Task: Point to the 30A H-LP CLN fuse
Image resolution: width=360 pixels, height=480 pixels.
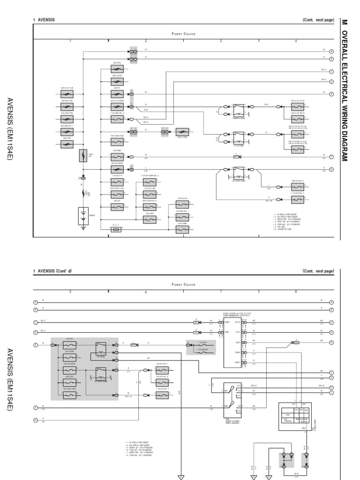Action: pyautogui.click(x=67, y=94)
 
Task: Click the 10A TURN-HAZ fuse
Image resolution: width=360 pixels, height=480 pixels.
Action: pyautogui.click(x=117, y=142)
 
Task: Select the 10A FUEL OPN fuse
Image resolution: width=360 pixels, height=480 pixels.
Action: pyautogui.click(x=70, y=396)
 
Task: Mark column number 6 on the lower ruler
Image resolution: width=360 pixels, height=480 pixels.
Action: pyautogui.click(x=146, y=292)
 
